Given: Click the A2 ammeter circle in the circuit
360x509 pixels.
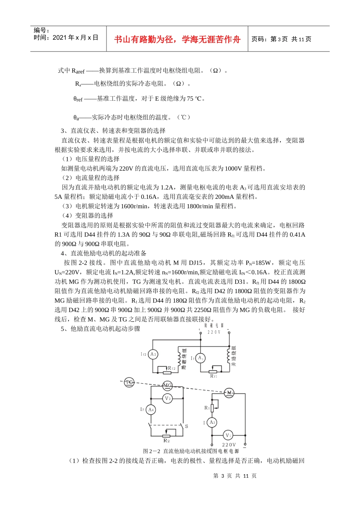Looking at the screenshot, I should point(153,354).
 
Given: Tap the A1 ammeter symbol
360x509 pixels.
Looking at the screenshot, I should point(200,358).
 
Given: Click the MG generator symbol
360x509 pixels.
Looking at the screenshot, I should point(167,386).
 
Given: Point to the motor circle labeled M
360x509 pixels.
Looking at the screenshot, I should point(229,393).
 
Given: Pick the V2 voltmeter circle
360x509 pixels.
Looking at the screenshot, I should point(167,398).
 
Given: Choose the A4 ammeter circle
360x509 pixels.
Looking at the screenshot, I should point(151,410).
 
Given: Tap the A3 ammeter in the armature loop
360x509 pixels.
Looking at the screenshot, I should point(212,422).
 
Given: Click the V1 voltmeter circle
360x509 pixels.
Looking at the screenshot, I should point(228,436).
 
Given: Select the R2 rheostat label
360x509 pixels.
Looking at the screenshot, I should point(166,441).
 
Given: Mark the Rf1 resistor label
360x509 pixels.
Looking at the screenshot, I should point(214,376).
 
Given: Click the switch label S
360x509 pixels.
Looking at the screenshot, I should point(186,426).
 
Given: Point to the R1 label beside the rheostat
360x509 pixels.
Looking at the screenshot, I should point(207,408).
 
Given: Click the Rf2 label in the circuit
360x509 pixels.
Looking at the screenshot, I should point(172,368).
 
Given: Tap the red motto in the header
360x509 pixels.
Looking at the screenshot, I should point(177,39).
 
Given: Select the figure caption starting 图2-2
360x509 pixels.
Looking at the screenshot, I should point(191,451).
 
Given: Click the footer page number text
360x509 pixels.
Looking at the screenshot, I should point(235,476).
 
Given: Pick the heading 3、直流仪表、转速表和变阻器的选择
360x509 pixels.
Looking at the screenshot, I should point(113,131).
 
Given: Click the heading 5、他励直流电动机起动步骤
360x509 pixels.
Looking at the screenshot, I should point(100,329).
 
